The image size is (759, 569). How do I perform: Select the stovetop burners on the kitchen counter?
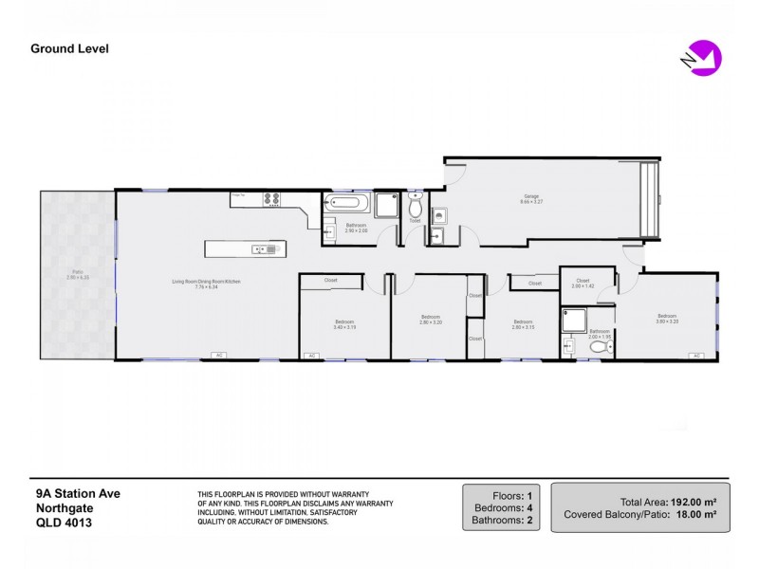point(269,199)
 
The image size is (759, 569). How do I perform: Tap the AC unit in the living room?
point(219,356)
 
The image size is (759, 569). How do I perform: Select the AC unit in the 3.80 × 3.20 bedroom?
point(695,356)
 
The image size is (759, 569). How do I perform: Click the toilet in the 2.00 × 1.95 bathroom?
point(598,347)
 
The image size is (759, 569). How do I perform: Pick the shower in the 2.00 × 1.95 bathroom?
point(573,321)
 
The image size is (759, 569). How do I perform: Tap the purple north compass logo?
point(704,58)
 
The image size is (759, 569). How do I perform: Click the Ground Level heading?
point(69,48)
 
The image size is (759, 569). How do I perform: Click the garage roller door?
point(650,199)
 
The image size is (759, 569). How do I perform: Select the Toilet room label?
point(415,221)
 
